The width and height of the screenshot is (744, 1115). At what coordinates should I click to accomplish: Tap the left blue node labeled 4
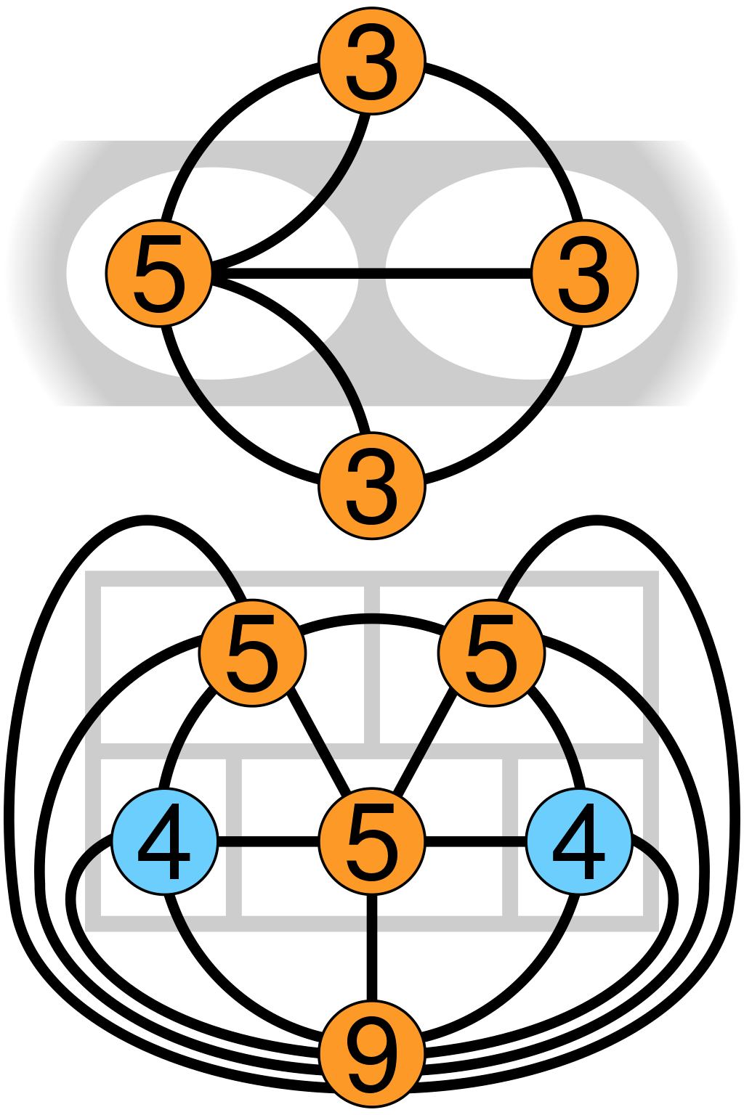coord(164,842)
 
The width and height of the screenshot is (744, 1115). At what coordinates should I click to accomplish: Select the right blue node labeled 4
coord(579,842)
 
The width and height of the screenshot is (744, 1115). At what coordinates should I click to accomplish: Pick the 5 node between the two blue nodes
coord(371,842)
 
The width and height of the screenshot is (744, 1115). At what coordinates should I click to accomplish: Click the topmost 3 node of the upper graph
coord(371,61)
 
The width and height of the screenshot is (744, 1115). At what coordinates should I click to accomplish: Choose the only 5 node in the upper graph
coord(158,274)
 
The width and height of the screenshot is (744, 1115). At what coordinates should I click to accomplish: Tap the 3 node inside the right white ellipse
coord(584,274)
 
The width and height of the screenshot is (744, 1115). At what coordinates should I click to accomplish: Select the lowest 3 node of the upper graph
coord(371,486)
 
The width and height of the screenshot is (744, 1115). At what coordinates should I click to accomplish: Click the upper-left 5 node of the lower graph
coord(252,653)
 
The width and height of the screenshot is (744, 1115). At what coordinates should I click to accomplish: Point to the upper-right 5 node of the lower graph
coord(491,653)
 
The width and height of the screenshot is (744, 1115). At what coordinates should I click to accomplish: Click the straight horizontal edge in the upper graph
coord(371,274)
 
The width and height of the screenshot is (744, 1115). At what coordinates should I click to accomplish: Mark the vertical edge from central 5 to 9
coord(371,947)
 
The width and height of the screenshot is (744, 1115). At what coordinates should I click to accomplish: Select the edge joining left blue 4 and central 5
coord(268,842)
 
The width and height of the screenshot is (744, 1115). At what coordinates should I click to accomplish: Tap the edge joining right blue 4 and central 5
coord(475,842)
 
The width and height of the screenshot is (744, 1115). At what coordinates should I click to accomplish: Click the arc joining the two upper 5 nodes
coord(371,619)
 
